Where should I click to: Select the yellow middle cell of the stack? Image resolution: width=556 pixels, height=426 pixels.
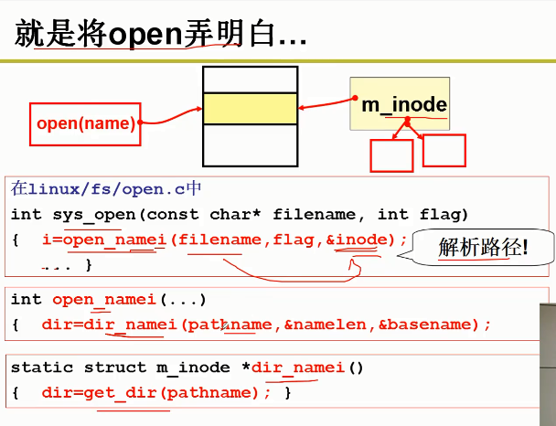click(x=251, y=108)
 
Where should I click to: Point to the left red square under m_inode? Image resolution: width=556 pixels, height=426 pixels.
click(x=390, y=155)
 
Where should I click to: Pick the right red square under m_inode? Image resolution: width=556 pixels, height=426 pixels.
click(x=444, y=151)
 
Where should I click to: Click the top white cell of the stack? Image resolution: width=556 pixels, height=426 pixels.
click(x=251, y=80)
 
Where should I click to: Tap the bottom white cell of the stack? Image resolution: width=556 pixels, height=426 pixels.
click(x=251, y=145)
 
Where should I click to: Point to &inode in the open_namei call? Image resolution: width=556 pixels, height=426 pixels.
click(x=362, y=240)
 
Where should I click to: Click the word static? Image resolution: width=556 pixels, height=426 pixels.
click(x=40, y=367)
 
